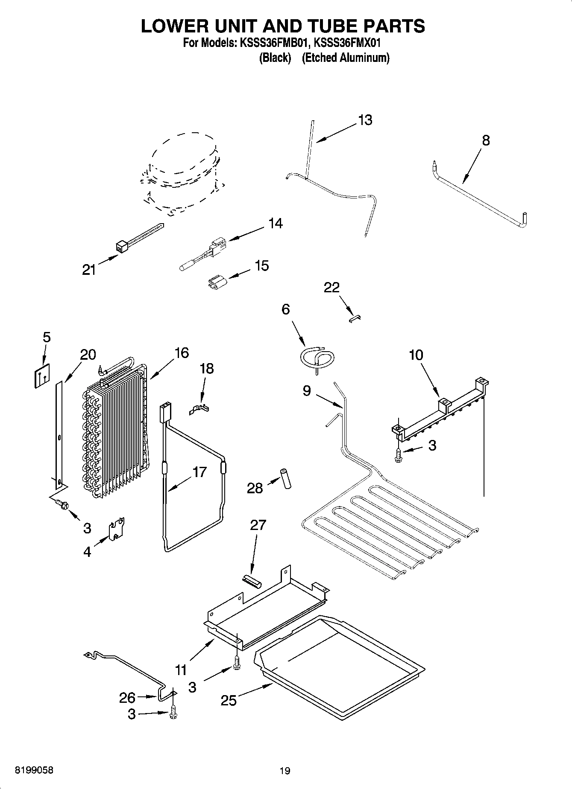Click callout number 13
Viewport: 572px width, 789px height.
click(365, 120)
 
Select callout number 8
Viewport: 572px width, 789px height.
click(486, 140)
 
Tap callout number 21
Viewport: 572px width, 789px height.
click(89, 270)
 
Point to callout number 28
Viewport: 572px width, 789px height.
click(255, 488)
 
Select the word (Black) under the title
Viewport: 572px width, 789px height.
click(275, 58)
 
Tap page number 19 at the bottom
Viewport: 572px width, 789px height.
click(285, 771)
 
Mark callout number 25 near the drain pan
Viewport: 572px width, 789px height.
click(229, 700)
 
